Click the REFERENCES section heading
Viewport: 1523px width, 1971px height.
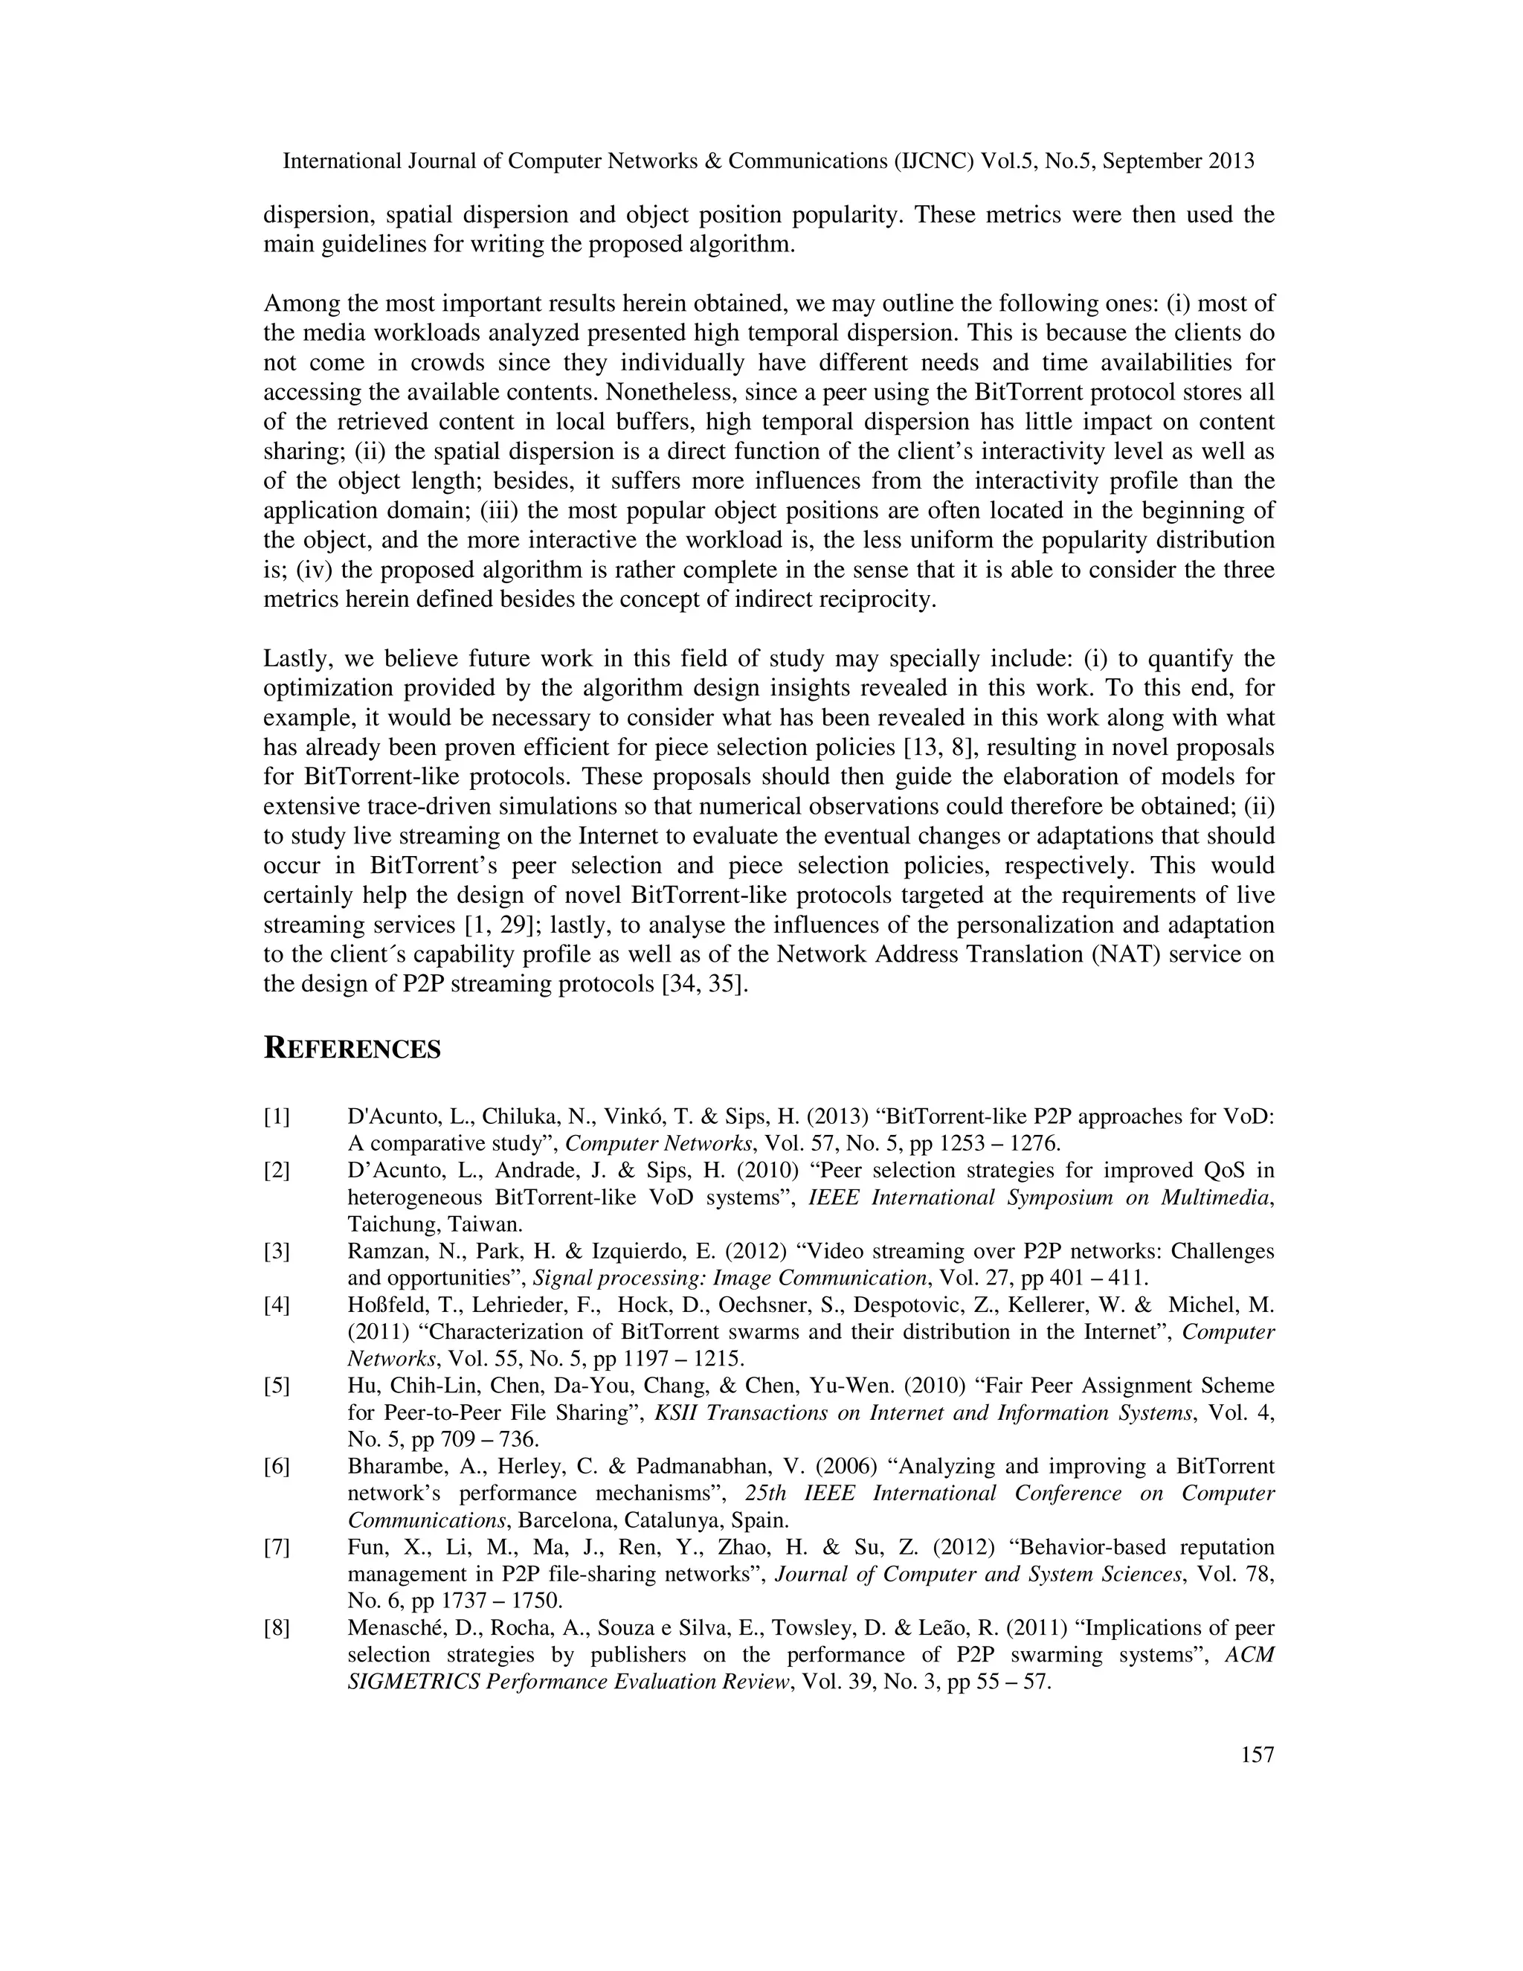point(352,1049)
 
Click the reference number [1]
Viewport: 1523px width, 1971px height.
point(276,1117)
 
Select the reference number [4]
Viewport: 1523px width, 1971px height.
point(276,1305)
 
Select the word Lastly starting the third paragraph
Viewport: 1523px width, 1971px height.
point(295,659)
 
